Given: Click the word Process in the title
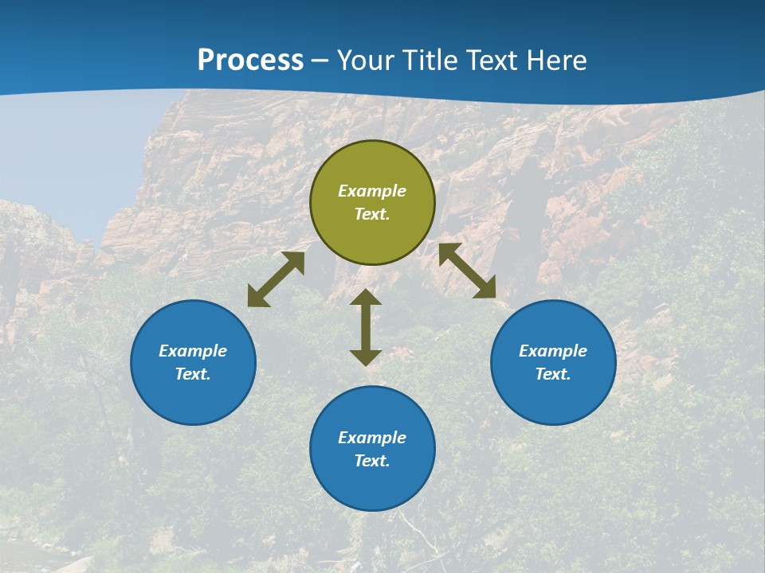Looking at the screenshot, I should click(250, 60).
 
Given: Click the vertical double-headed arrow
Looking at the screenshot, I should click(366, 327).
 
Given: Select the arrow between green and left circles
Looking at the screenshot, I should click(277, 279).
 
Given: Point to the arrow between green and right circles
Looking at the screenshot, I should click(467, 271).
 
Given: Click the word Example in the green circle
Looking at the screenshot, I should click(372, 191).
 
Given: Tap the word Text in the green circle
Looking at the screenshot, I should click(372, 214).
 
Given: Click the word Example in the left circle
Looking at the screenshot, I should click(193, 351).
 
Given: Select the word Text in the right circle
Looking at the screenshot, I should click(553, 374).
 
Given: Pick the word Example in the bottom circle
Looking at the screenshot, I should click(372, 438).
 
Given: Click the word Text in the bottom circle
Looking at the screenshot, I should click(372, 461).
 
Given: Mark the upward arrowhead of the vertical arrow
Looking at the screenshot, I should click(366, 297).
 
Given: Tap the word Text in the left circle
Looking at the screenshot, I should click(193, 374).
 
